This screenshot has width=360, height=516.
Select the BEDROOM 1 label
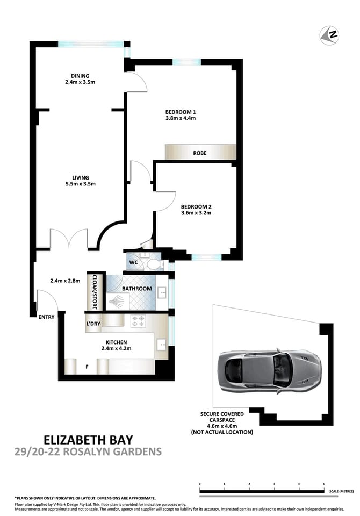[180, 112]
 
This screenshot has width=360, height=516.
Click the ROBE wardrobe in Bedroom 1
[200, 153]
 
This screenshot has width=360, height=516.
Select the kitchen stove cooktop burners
[137, 320]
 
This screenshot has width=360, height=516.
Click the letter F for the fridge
[87, 368]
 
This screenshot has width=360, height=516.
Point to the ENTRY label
[46, 317]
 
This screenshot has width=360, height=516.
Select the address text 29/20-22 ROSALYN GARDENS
[89, 451]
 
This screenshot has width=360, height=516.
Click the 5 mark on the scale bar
[323, 484]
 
